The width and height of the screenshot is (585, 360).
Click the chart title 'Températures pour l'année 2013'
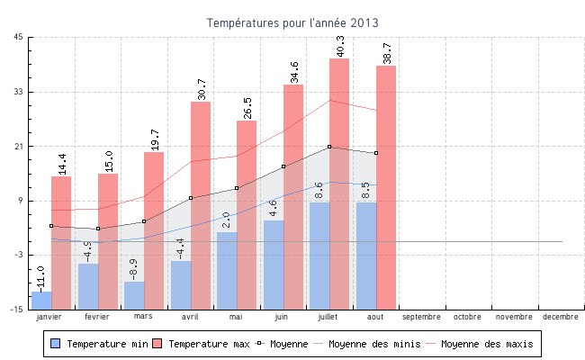292,22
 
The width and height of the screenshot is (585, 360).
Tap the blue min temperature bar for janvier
41,300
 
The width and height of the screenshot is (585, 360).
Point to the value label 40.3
339,45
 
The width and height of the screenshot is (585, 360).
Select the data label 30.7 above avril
201,88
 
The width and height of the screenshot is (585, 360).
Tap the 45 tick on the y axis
19,37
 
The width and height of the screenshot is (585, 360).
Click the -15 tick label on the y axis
17,309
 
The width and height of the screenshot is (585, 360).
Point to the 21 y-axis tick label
19,146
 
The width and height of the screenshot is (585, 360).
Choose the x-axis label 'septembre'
421,317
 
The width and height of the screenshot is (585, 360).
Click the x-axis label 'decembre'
561,317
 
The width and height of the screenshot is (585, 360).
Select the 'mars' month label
143,317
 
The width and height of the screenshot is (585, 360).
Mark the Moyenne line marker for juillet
329,147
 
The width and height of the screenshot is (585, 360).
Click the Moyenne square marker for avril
191,198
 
